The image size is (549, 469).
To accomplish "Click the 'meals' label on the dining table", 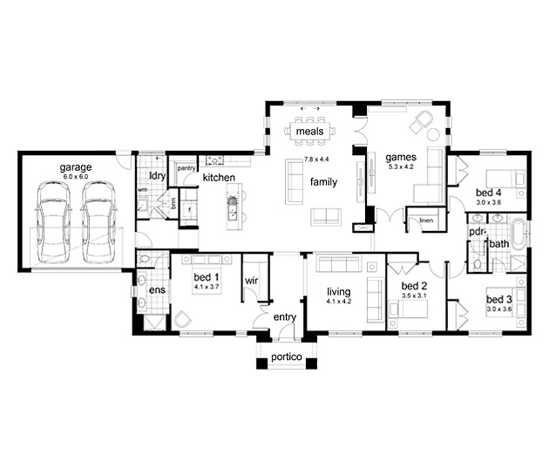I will pyautogui.click(x=309, y=132).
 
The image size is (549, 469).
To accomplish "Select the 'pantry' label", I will pyautogui.click(x=186, y=167).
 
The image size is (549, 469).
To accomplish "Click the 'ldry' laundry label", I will pyautogui.click(x=158, y=175).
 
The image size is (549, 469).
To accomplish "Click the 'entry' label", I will pyautogui.click(x=285, y=317).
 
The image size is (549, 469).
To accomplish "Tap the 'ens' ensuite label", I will pyautogui.click(x=158, y=289).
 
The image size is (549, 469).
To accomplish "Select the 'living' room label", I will pyautogui.click(x=338, y=292).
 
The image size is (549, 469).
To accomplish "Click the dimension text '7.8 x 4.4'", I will pyautogui.click(x=319, y=160).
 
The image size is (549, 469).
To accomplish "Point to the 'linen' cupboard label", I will pyautogui.click(x=426, y=221).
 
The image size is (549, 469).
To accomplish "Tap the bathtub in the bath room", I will pyautogui.click(x=521, y=233).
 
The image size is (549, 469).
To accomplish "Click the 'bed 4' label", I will pyautogui.click(x=487, y=192).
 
